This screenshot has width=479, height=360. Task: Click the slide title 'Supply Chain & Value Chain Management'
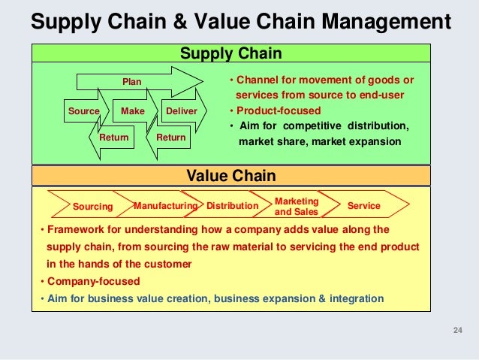[240, 21]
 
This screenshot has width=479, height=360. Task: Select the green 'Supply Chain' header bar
[230, 53]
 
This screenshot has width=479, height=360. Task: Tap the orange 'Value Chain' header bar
[230, 176]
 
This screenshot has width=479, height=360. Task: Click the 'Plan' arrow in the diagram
[132, 81]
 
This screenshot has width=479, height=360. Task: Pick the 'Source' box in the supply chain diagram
[83, 111]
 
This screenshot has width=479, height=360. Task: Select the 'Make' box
[132, 111]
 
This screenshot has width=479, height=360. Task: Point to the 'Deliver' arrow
[181, 111]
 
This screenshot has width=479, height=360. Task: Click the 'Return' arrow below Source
[113, 138]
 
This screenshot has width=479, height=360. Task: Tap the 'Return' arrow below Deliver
[170, 138]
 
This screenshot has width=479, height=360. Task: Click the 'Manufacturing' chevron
[164, 205]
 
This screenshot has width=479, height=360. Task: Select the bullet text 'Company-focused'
[93, 281]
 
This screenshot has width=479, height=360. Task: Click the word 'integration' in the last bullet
[357, 298]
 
